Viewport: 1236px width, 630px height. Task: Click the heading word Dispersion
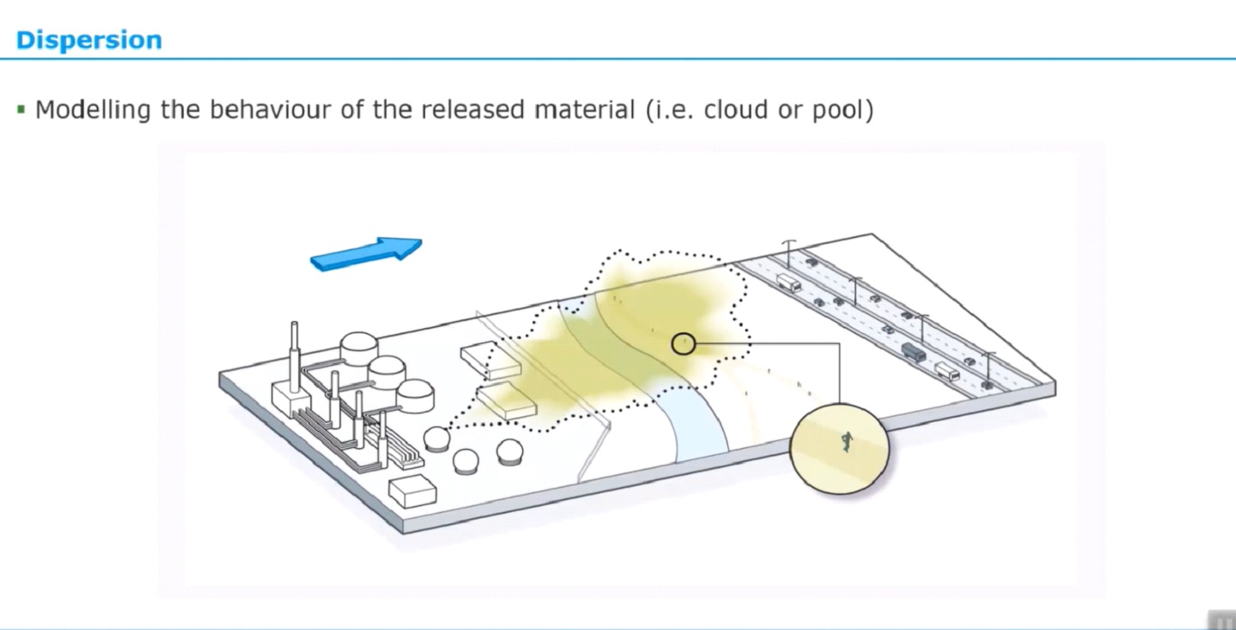click(x=88, y=40)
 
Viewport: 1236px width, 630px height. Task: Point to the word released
click(x=472, y=110)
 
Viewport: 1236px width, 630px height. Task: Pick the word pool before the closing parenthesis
click(x=841, y=110)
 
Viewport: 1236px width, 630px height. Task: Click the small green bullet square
click(x=21, y=110)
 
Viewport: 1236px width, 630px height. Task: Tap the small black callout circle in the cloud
click(x=683, y=344)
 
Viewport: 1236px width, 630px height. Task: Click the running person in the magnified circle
click(x=846, y=442)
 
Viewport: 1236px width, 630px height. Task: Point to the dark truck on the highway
click(x=912, y=352)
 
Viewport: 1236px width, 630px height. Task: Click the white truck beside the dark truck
click(x=946, y=371)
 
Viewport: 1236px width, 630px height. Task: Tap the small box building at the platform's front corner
click(x=412, y=492)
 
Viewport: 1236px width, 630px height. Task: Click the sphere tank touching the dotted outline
click(x=436, y=438)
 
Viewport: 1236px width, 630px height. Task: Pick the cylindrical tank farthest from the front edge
click(x=359, y=349)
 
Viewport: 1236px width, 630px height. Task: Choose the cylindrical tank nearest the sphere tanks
click(x=415, y=395)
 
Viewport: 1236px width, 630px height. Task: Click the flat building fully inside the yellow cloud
click(x=506, y=400)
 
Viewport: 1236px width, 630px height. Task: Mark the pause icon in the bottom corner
click(x=1221, y=620)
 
